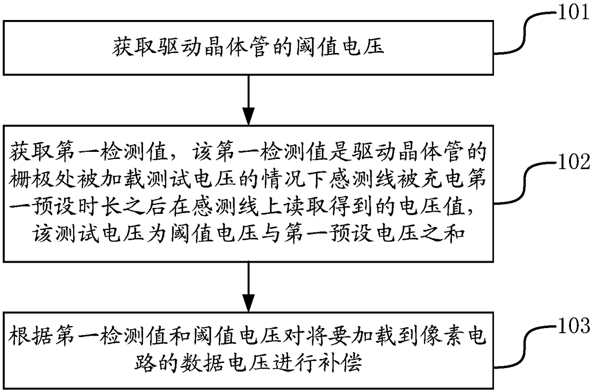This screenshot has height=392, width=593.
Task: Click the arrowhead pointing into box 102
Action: [x=248, y=116]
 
